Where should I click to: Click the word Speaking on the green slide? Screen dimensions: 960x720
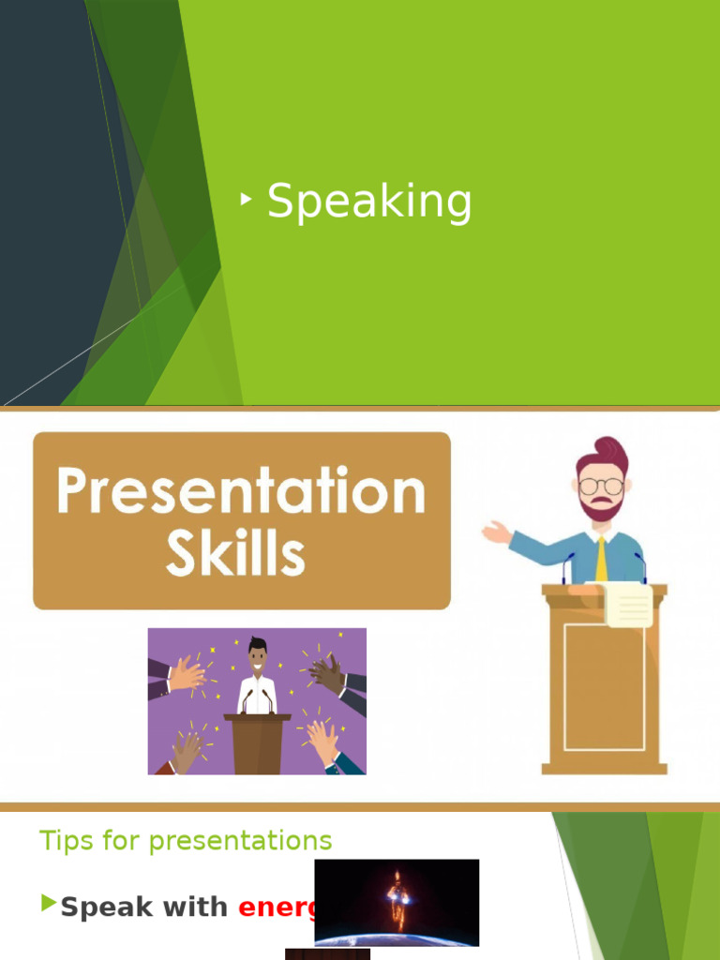(369, 202)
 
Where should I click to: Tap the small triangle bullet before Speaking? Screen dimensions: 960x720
(247, 199)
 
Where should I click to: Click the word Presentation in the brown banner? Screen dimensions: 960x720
(241, 491)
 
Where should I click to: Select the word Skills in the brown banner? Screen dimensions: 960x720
(235, 554)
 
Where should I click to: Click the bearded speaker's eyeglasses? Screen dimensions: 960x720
(600, 486)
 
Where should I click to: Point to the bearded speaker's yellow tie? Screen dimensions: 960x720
(600, 560)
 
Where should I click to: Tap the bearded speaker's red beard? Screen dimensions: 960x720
(600, 509)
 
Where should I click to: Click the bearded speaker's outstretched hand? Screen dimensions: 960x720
(496, 533)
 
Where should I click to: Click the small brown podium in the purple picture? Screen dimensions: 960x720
(257, 744)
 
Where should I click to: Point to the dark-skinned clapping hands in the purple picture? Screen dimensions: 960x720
(328, 673)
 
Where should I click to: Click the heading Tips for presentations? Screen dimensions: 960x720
(186, 841)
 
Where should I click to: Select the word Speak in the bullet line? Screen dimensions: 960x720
(106, 907)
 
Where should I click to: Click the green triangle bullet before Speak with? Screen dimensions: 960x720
(49, 905)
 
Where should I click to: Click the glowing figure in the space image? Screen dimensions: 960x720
(397, 898)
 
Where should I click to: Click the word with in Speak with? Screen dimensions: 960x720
(194, 907)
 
